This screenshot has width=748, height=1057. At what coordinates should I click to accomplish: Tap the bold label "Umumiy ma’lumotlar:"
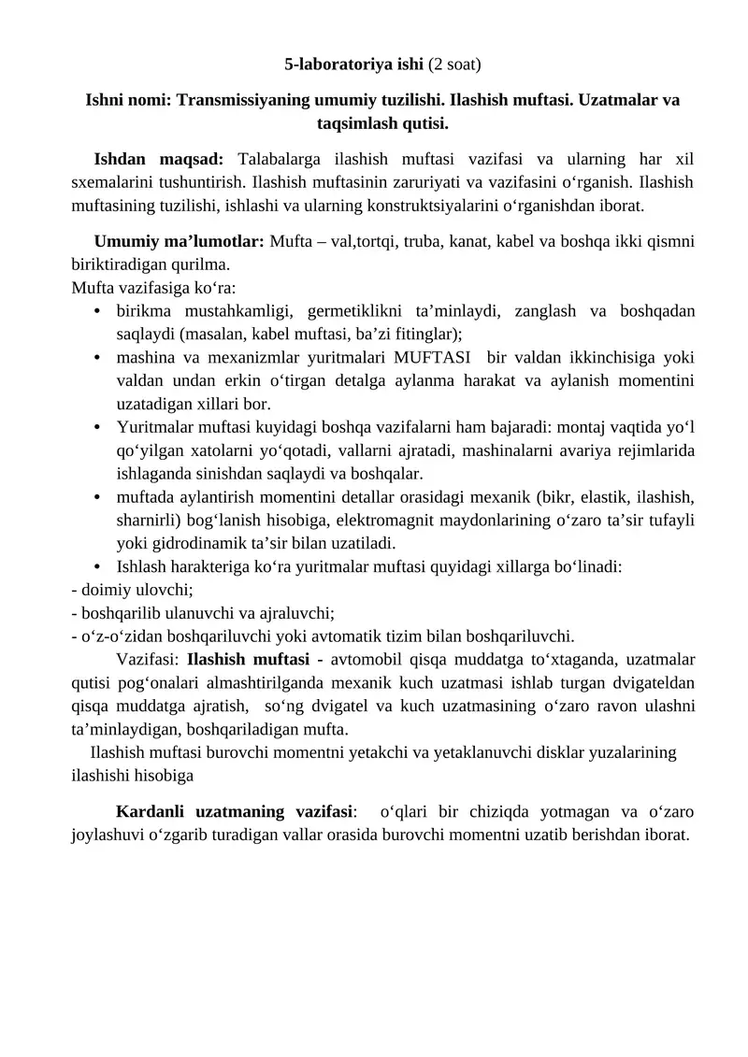(x=180, y=241)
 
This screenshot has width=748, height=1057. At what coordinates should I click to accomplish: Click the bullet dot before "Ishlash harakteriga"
(x=98, y=566)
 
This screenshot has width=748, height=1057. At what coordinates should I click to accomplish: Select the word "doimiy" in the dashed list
(x=105, y=590)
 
